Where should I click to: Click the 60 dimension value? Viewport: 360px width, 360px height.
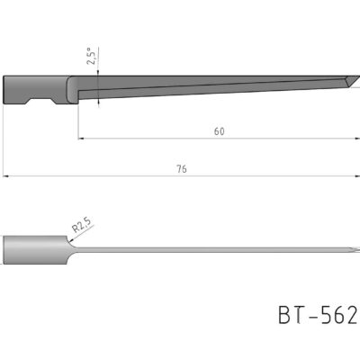(219, 130)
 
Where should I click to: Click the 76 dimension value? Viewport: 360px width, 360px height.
(182, 167)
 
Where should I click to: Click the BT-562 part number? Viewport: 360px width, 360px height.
(318, 316)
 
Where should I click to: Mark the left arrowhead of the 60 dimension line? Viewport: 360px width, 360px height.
(81, 139)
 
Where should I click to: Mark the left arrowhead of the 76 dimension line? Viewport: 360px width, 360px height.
(5, 175)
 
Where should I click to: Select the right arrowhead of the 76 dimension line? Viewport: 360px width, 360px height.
(354, 175)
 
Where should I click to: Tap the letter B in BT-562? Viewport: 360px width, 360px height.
(285, 316)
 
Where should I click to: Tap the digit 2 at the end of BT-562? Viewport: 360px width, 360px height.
(352, 316)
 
